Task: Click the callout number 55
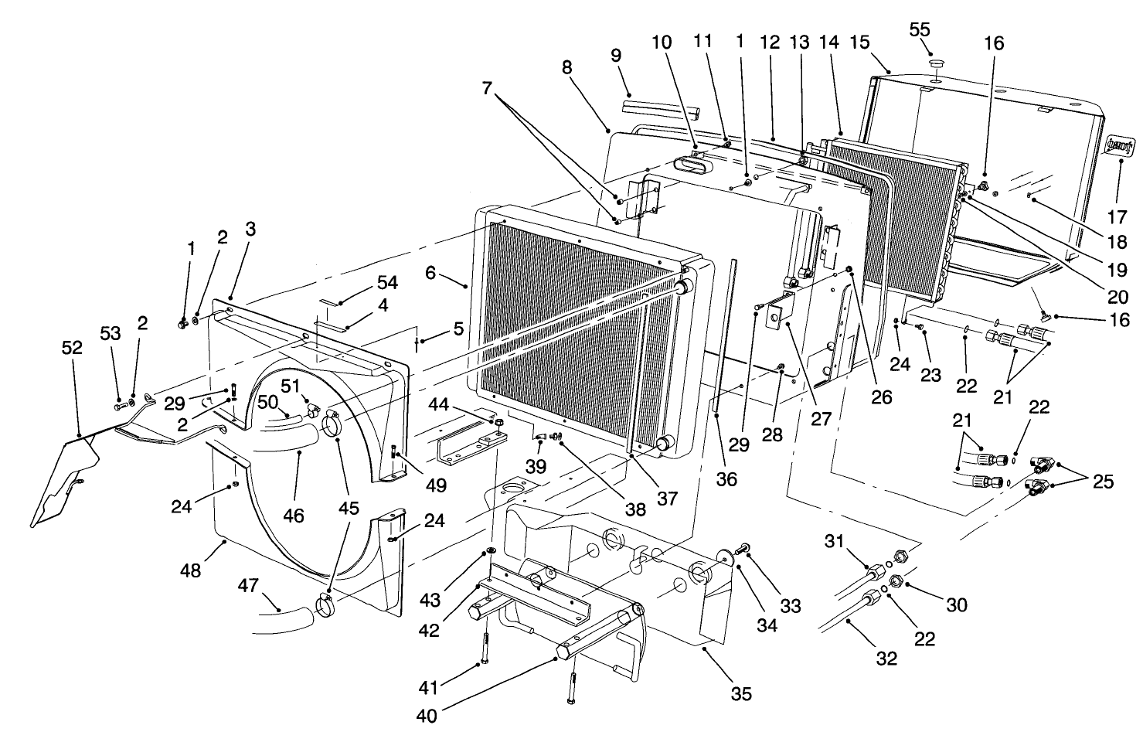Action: pyautogui.click(x=919, y=29)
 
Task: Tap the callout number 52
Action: pyautogui.click(x=72, y=348)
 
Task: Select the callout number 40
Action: pyautogui.click(x=426, y=716)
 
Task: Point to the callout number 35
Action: pyautogui.click(x=740, y=693)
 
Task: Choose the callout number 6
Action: pyautogui.click(x=430, y=272)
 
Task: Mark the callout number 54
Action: pyautogui.click(x=387, y=283)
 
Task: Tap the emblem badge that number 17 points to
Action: pyautogui.click(x=1119, y=145)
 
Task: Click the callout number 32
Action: pyautogui.click(x=886, y=658)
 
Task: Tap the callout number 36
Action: pyautogui.click(x=726, y=479)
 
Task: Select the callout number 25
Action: pyautogui.click(x=1103, y=482)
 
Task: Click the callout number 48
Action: pyautogui.click(x=190, y=570)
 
